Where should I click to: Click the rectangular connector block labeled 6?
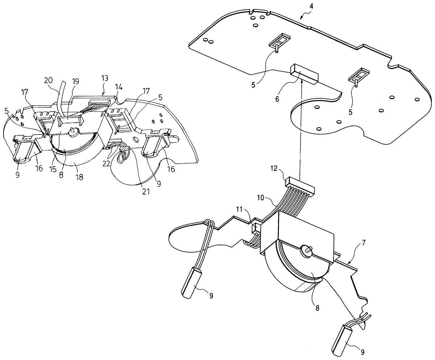[304, 74]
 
